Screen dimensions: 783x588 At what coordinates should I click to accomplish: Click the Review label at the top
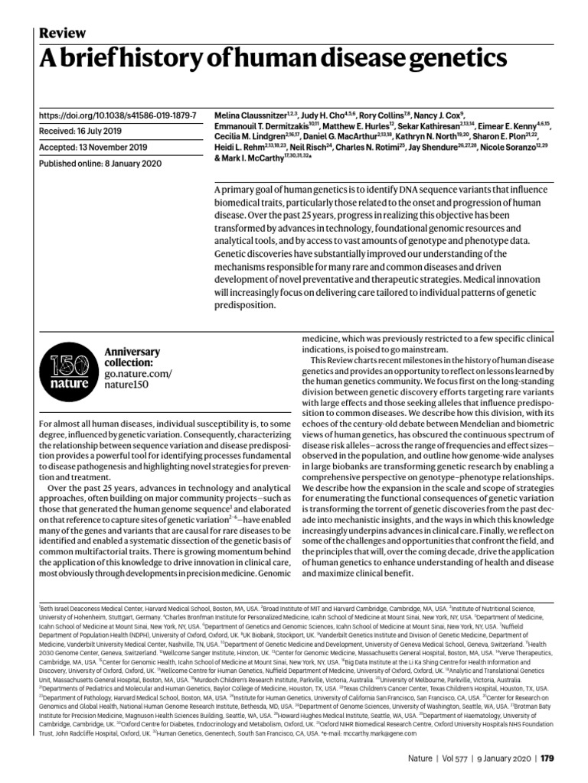pyautogui.click(x=62, y=32)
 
